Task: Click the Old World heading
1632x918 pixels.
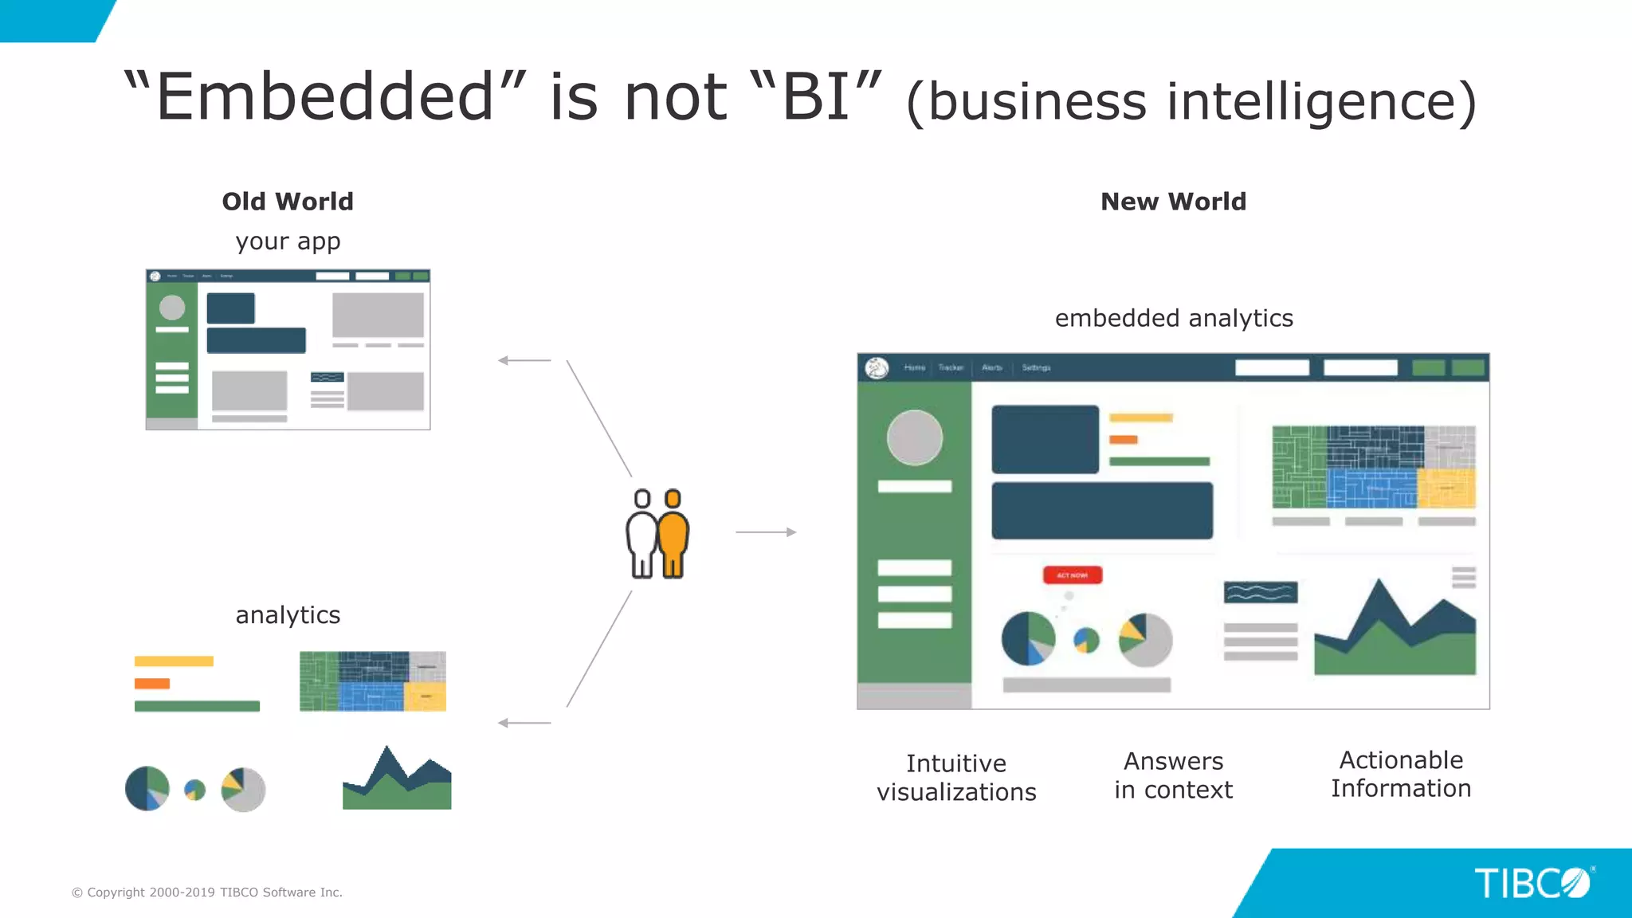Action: click(x=288, y=202)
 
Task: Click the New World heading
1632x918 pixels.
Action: click(x=1173, y=202)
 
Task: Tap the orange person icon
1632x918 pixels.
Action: click(x=673, y=533)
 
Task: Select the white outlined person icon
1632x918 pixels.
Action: click(x=641, y=533)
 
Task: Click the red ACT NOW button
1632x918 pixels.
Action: click(x=1073, y=575)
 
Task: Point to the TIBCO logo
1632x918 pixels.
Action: click(x=1532, y=883)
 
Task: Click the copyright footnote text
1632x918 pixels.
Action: click(x=207, y=892)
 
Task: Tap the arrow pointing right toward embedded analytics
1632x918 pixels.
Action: click(x=766, y=532)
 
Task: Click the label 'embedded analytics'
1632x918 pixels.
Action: click(x=1174, y=318)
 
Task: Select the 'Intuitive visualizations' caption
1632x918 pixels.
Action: click(x=956, y=777)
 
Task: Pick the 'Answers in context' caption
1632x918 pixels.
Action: click(x=1173, y=775)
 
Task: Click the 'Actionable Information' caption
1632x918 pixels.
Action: click(x=1401, y=774)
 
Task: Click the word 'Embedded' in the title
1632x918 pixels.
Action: click(x=325, y=96)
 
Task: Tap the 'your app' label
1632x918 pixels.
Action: click(x=288, y=241)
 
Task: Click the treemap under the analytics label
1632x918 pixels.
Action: click(x=372, y=681)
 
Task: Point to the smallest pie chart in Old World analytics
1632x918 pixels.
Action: click(x=194, y=790)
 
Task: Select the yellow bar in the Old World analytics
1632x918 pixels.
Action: click(x=174, y=661)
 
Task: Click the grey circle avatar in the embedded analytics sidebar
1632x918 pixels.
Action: click(x=914, y=437)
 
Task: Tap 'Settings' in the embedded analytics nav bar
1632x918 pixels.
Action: click(x=1036, y=367)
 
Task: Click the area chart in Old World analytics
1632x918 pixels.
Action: click(x=397, y=781)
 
